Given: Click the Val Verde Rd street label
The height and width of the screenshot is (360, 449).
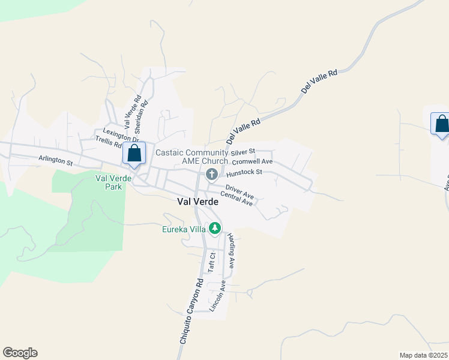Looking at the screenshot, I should pyautogui.click(x=133, y=113).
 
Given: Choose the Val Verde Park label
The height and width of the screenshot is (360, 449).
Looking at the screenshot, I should pyautogui.click(x=109, y=182).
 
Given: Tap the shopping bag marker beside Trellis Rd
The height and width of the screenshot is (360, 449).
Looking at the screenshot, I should pyautogui.click(x=134, y=153).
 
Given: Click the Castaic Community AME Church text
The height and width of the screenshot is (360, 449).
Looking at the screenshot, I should pyautogui.click(x=192, y=157).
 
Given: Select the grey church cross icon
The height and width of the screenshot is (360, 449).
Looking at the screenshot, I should pyautogui.click(x=211, y=175).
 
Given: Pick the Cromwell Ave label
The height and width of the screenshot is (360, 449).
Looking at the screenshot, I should pyautogui.click(x=252, y=161).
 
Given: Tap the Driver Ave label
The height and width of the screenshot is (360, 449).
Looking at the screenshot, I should pyautogui.click(x=240, y=193).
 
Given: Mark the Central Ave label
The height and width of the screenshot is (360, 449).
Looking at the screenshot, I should pyautogui.click(x=237, y=199).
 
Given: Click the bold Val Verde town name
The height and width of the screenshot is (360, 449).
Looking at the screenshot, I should pyautogui.click(x=197, y=202).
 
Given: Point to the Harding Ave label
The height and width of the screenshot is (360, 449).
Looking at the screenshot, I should pyautogui.click(x=232, y=250).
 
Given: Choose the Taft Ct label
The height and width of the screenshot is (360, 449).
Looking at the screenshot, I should pyautogui.click(x=211, y=263).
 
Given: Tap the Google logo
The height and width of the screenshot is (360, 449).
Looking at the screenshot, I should pyautogui.click(x=20, y=353).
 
